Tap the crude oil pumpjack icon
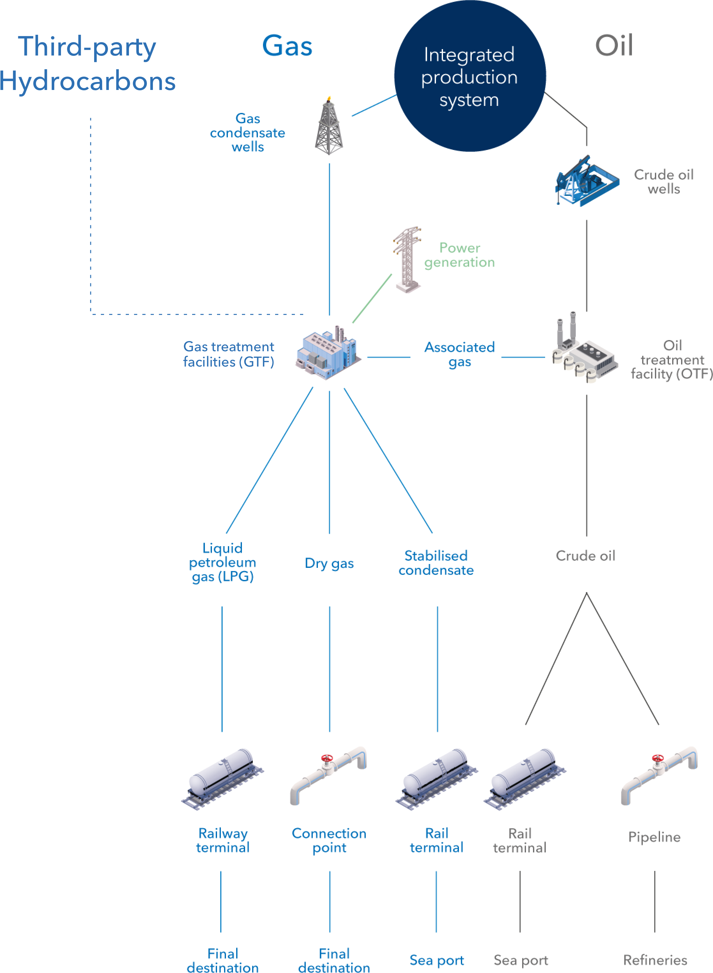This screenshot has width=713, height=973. click(x=587, y=181)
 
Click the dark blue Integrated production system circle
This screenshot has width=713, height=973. click(x=470, y=76)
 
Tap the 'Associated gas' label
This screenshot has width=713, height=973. click(x=460, y=354)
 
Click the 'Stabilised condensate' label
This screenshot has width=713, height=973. click(x=436, y=563)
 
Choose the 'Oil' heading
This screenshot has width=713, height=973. click(x=614, y=45)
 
